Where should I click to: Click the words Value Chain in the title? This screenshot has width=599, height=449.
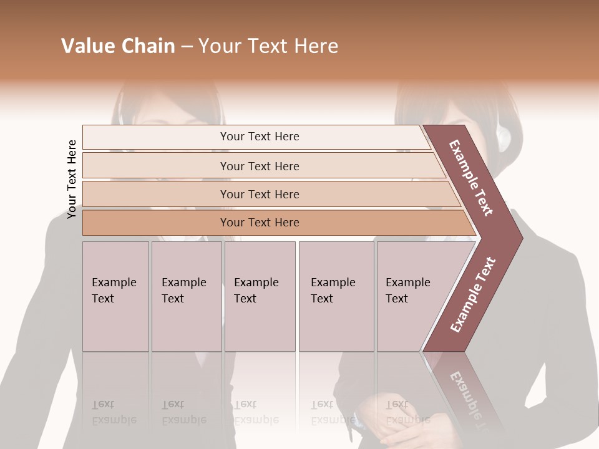[118, 46]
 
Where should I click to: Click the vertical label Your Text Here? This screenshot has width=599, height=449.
[72, 179]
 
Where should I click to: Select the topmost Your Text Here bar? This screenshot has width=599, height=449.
[259, 137]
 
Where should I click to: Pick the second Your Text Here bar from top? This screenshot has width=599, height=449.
[259, 166]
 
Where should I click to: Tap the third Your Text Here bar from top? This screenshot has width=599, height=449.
[259, 194]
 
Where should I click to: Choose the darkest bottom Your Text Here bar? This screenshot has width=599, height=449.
[259, 223]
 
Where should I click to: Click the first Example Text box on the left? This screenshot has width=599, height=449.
[115, 296]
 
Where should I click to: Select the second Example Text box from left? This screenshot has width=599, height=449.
[186, 296]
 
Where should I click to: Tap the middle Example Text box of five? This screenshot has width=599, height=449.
[260, 296]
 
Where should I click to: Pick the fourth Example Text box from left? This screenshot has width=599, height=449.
[336, 296]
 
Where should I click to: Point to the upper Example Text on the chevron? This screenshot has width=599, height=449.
[472, 178]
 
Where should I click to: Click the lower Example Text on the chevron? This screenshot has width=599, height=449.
[473, 294]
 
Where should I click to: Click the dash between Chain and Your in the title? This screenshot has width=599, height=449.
[187, 47]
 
